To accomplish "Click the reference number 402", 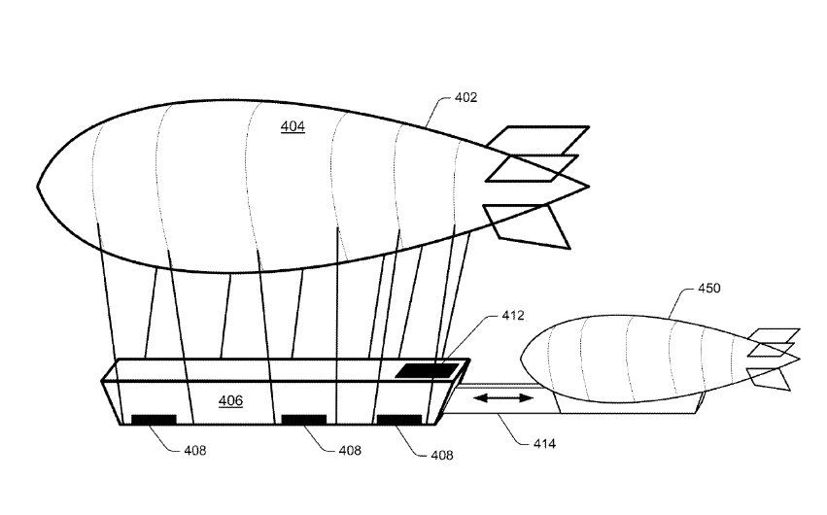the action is (465, 98).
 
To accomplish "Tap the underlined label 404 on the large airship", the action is (293, 127).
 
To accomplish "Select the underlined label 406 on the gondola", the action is (230, 400).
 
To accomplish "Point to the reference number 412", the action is (513, 315).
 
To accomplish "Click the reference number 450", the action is (710, 290).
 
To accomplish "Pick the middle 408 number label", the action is (350, 450).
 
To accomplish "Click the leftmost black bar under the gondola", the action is (154, 420).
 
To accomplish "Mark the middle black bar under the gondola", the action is (303, 420).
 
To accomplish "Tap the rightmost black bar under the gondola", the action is (398, 420).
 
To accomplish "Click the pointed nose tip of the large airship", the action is (39, 186).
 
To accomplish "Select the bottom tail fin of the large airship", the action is (530, 223).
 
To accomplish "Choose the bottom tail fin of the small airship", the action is (769, 377).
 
